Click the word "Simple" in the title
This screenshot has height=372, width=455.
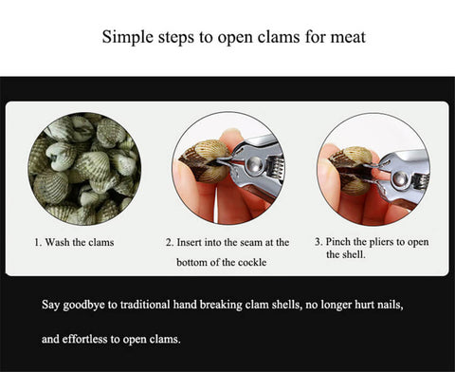tap(128, 37)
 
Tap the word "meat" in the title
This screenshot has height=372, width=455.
tap(348, 37)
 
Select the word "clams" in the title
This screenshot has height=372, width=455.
tap(279, 37)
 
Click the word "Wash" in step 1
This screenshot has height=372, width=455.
tap(58, 242)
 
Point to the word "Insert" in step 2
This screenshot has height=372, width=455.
tap(190, 242)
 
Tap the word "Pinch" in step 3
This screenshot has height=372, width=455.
tap(338, 242)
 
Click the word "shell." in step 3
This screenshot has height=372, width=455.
tap(354, 254)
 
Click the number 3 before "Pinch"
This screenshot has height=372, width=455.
tap(318, 242)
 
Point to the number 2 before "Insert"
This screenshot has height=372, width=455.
tap(170, 243)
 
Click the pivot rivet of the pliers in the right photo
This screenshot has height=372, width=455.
tap(400, 179)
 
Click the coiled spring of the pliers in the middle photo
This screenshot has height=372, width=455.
tap(276, 168)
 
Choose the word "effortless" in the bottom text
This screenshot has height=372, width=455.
tap(84, 339)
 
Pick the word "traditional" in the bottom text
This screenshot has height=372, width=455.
tap(145, 305)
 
